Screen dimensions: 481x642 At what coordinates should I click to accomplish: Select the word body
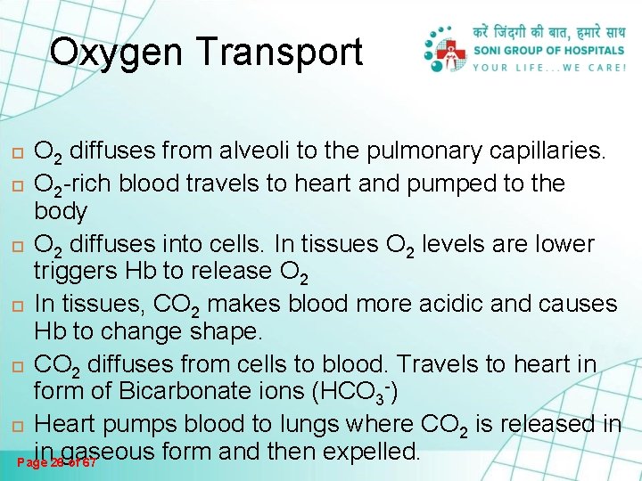click(x=61, y=212)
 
